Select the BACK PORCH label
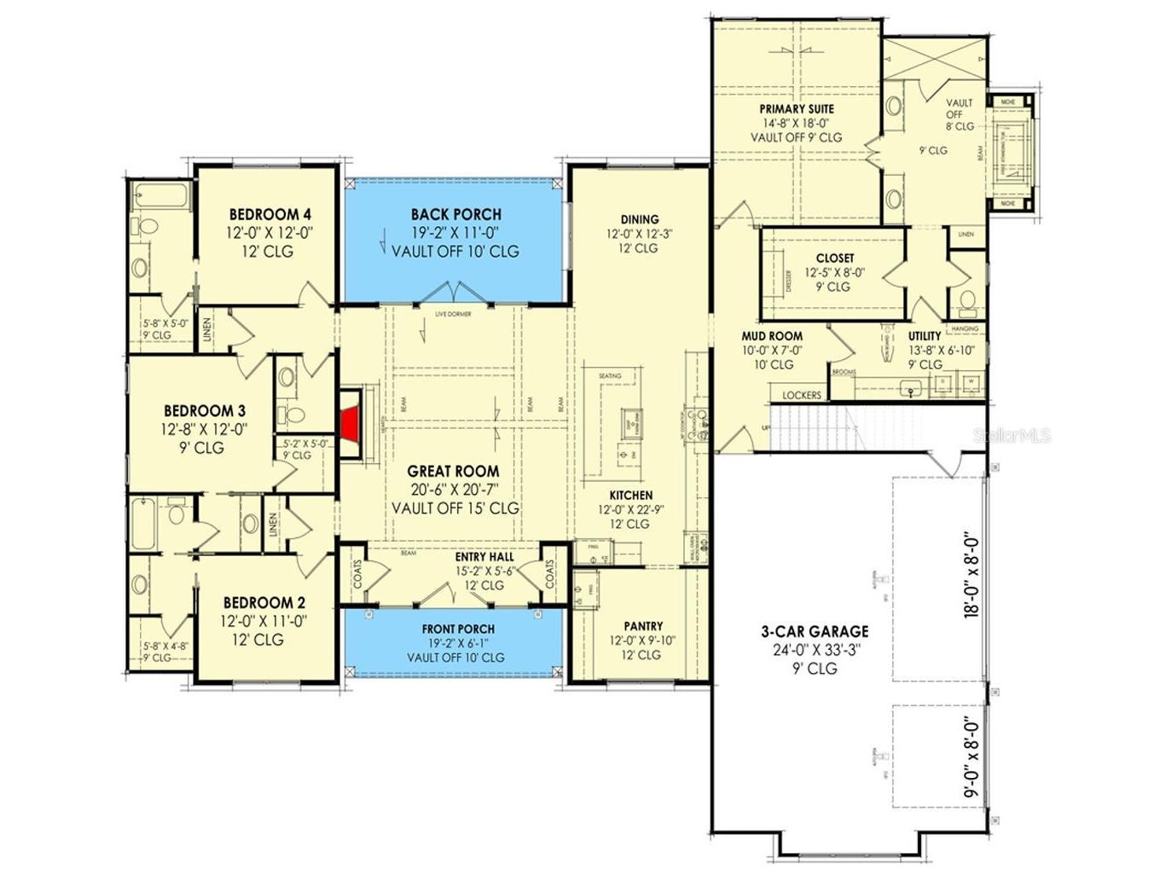click(455, 214)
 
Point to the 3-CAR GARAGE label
click(815, 631)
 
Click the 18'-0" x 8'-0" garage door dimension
click(971, 576)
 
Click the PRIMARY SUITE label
click(797, 109)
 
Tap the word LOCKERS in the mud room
click(802, 395)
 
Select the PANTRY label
click(642, 626)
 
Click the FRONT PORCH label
click(458, 629)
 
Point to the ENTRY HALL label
click(484, 557)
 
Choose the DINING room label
click(639, 219)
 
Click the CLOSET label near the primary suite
click(834, 258)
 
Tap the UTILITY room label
click(925, 336)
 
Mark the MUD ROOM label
click(771, 336)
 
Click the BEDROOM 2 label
click(264, 603)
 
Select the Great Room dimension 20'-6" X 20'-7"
click(453, 490)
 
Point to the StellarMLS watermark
click(1012, 436)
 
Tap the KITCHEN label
click(630, 496)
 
